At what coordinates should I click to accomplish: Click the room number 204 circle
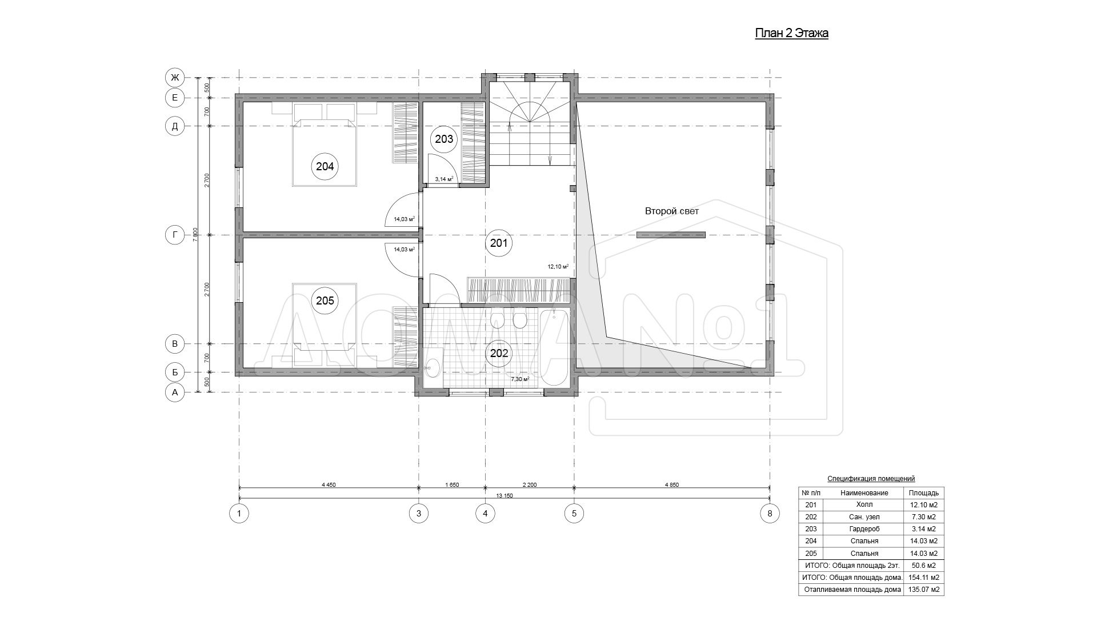point(325,167)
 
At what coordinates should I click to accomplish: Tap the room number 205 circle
point(325,301)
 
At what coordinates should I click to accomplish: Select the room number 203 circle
point(444,139)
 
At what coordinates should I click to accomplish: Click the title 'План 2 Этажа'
point(792,34)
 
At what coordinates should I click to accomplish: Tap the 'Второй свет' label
point(672,211)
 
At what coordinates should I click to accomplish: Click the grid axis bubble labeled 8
point(770,514)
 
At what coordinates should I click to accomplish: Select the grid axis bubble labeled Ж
point(175,77)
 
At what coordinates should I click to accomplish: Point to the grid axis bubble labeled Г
point(175,235)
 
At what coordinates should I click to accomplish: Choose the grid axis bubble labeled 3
point(419,514)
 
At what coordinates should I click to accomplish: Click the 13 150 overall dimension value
point(505,495)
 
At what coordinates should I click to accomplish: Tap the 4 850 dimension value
point(672,484)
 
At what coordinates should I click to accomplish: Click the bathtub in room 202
point(554,347)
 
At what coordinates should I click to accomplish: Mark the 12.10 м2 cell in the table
point(923,505)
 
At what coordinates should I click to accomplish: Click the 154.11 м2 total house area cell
point(923,578)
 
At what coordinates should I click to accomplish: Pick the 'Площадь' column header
point(923,493)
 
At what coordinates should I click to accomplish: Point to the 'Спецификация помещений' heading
point(871,479)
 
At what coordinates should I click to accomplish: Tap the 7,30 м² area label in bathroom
point(519,379)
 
